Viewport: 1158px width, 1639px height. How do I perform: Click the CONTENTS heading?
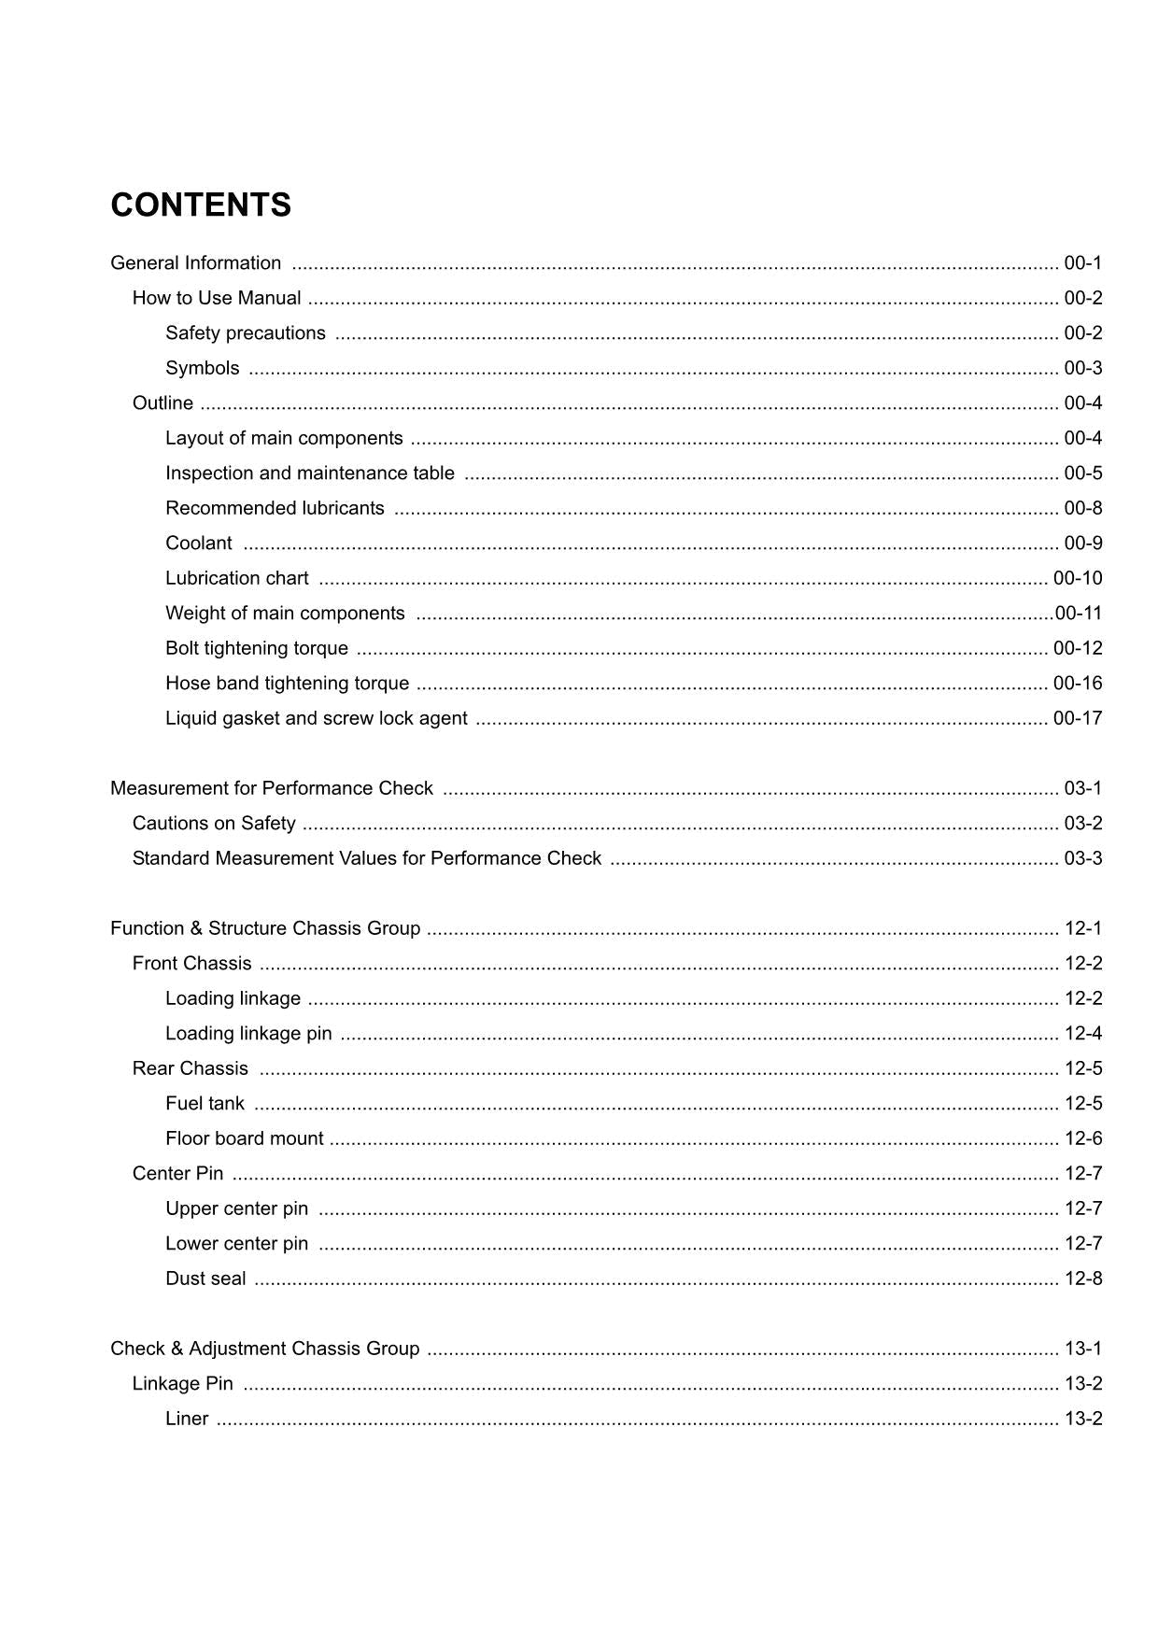201,205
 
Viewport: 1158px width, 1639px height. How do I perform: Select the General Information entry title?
195,263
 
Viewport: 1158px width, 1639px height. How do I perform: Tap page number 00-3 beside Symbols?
1082,368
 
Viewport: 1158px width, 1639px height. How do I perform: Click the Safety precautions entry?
246,333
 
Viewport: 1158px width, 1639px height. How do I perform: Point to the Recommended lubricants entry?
275,508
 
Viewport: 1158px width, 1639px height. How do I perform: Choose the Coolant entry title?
199,544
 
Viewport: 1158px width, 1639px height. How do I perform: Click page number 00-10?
1077,578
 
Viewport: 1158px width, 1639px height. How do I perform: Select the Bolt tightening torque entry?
257,648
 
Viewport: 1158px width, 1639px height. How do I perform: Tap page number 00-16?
1077,684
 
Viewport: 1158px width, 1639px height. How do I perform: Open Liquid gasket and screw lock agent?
317,718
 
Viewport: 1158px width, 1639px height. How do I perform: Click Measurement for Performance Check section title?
272,788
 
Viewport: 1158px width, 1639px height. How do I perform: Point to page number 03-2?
1082,824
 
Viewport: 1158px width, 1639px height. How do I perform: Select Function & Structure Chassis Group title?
265,928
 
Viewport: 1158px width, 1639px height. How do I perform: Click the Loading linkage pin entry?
248,1034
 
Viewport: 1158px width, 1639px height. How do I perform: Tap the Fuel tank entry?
205,1104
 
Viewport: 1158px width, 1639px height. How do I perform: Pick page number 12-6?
1082,1138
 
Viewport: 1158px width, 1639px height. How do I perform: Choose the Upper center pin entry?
236,1208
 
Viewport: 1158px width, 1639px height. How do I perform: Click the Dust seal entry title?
205,1279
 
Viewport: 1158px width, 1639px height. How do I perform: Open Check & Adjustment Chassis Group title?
264,1349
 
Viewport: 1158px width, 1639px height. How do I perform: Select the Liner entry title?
187,1419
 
